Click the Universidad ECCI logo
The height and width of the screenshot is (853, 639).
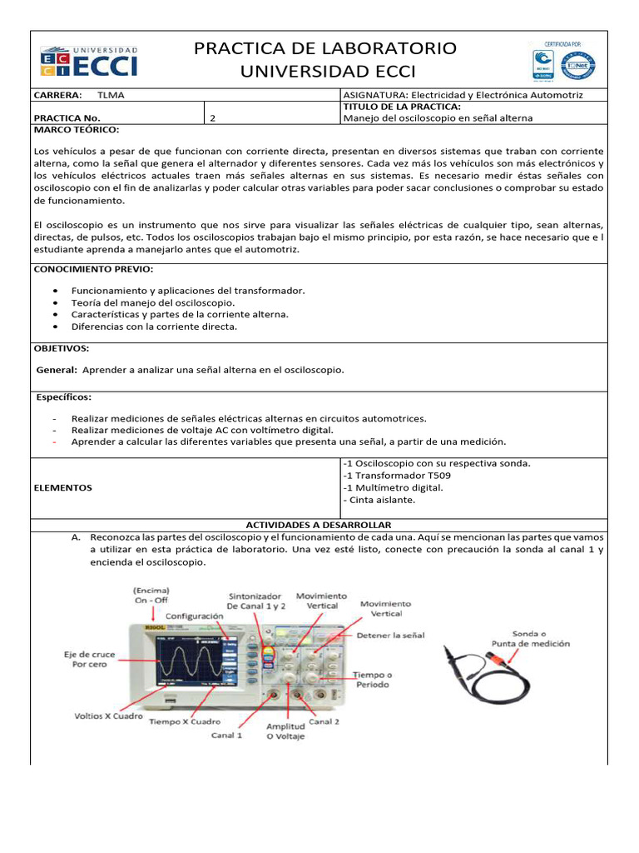tap(89, 62)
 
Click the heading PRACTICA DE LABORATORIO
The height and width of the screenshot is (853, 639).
tap(325, 48)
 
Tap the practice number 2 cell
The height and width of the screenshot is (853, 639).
tap(213, 118)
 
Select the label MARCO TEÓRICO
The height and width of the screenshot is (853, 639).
tap(76, 131)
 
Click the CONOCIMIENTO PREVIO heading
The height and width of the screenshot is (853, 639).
tap(93, 270)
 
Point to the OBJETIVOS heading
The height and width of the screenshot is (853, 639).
tap(62, 348)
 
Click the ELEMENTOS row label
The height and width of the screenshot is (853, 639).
tap(63, 487)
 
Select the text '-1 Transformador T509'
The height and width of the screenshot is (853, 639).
tap(389, 475)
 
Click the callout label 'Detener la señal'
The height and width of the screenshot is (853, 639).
tap(390, 636)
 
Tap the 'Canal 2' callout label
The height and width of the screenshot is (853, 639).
tap(324, 721)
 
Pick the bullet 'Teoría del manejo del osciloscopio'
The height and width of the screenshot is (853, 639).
tap(153, 302)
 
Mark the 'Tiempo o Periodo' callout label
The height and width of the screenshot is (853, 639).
tap(373, 680)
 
